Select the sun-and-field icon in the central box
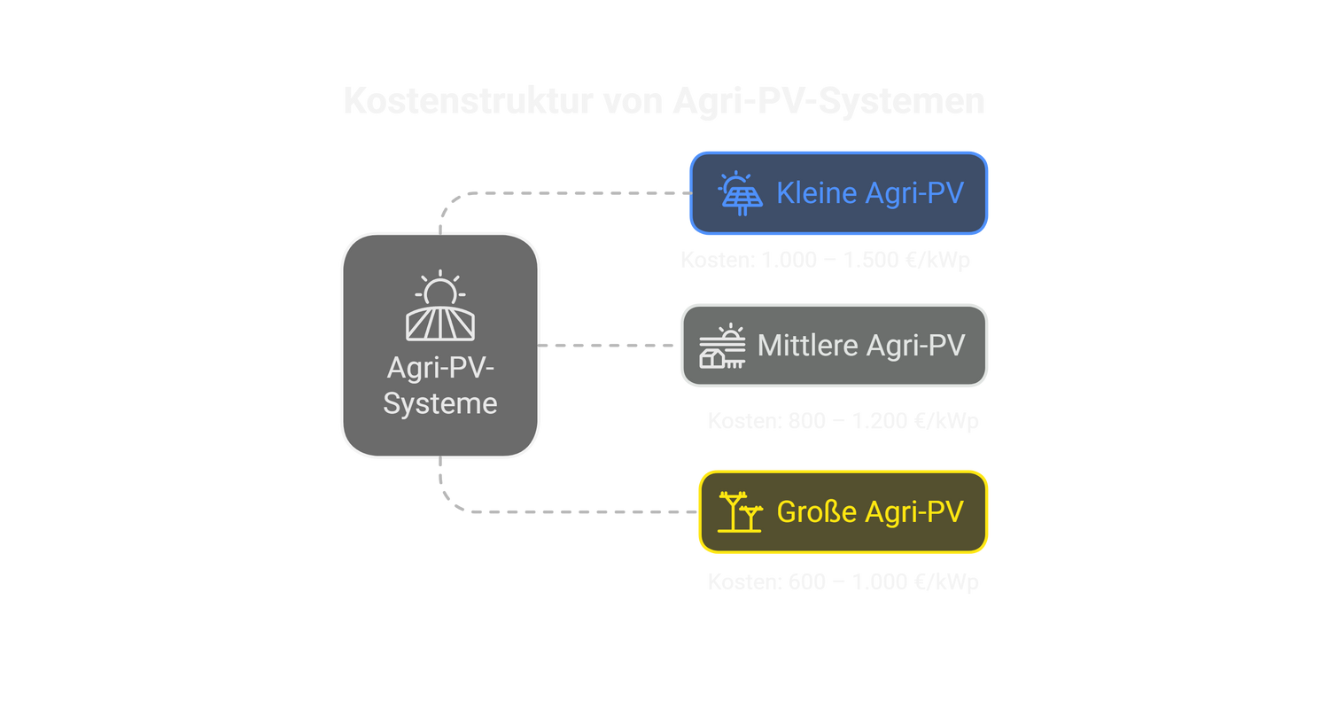coord(440,308)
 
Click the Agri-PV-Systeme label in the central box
coord(440,386)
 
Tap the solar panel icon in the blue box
coord(741,193)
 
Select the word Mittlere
coord(808,346)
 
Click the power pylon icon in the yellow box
coord(740,512)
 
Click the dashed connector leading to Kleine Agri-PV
coord(567,192)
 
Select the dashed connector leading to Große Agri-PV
coord(576,511)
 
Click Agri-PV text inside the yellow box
coord(913,512)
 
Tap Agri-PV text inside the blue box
coord(913,193)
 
